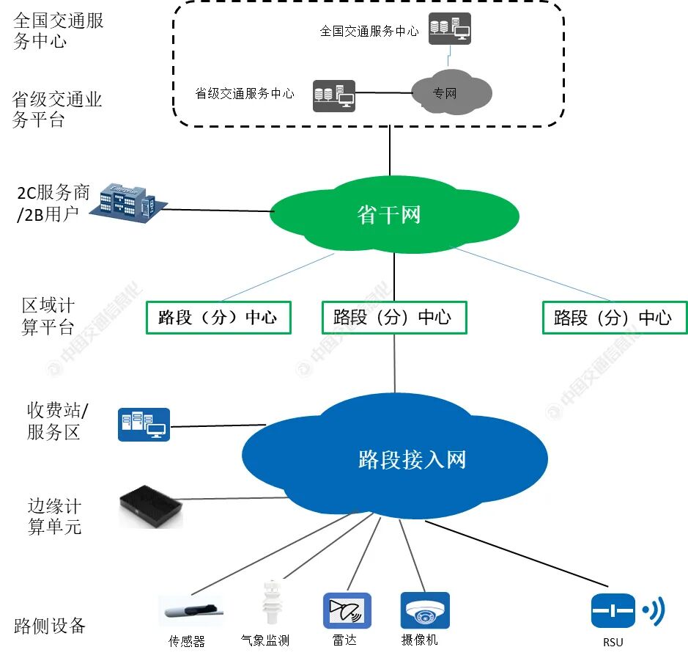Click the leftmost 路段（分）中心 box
[x=218, y=318]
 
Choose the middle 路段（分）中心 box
[x=394, y=318]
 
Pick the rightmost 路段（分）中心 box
[x=614, y=318]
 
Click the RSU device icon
[x=613, y=610]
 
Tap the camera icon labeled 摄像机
[x=425, y=610]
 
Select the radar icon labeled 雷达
[x=347, y=610]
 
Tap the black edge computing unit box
[x=150, y=507]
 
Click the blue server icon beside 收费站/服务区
[x=144, y=424]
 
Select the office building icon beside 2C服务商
[x=125, y=201]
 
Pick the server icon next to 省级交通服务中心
[x=334, y=95]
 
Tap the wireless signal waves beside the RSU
[x=654, y=610]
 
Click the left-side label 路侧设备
[x=50, y=626]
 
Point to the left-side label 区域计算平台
[x=48, y=316]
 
